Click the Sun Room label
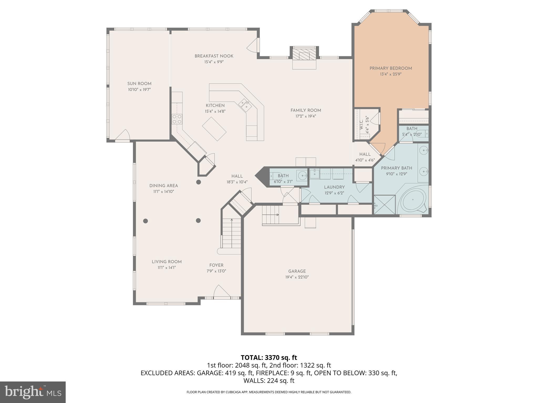tap(139, 84)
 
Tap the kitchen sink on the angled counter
tap(245, 105)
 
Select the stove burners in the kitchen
tap(177, 119)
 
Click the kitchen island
tap(214, 129)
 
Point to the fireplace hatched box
tap(304, 55)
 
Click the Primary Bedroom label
tap(391, 68)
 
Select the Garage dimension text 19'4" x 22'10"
tap(297, 277)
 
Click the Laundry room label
tap(334, 187)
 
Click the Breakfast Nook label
tap(214, 56)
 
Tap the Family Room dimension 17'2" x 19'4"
tap(306, 116)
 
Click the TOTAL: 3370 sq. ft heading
tap(269, 357)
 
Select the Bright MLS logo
tap(33, 392)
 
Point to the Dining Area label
tap(164, 185)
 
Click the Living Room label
tap(167, 262)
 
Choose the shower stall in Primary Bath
tap(384, 204)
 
